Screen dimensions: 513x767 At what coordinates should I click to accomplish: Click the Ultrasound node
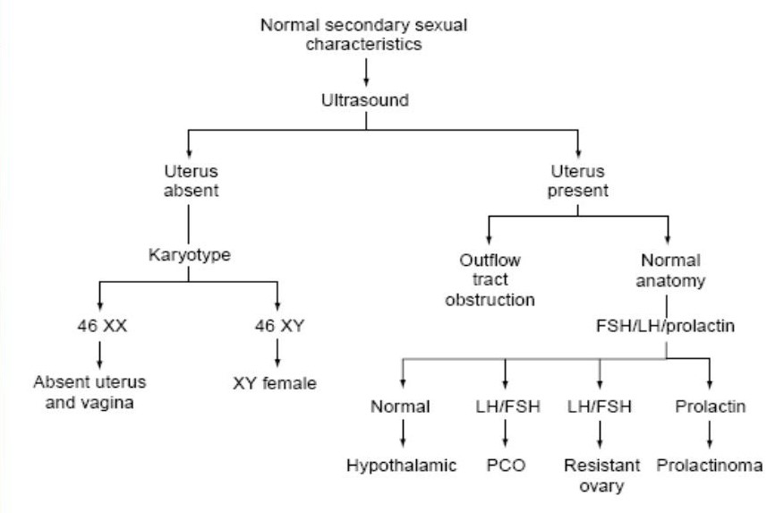pos(365,100)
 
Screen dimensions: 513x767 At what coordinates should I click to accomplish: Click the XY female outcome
pos(276,386)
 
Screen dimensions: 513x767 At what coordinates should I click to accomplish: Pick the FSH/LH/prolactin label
pos(666,327)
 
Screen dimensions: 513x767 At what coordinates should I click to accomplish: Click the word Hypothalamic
pos(402,466)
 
